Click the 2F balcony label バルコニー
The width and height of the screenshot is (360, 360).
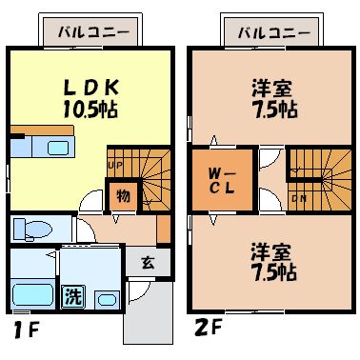pyautogui.click(x=273, y=30)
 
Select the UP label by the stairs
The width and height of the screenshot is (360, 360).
pyautogui.click(x=114, y=165)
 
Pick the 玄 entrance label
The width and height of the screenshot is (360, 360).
pyautogui.click(x=149, y=264)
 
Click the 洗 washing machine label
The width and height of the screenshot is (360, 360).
pyautogui.click(x=73, y=296)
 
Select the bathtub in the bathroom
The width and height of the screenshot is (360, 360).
pyautogui.click(x=30, y=294)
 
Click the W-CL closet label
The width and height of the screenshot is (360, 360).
pyautogui.click(x=223, y=180)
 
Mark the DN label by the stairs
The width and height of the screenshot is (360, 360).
pyautogui.click(x=299, y=198)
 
